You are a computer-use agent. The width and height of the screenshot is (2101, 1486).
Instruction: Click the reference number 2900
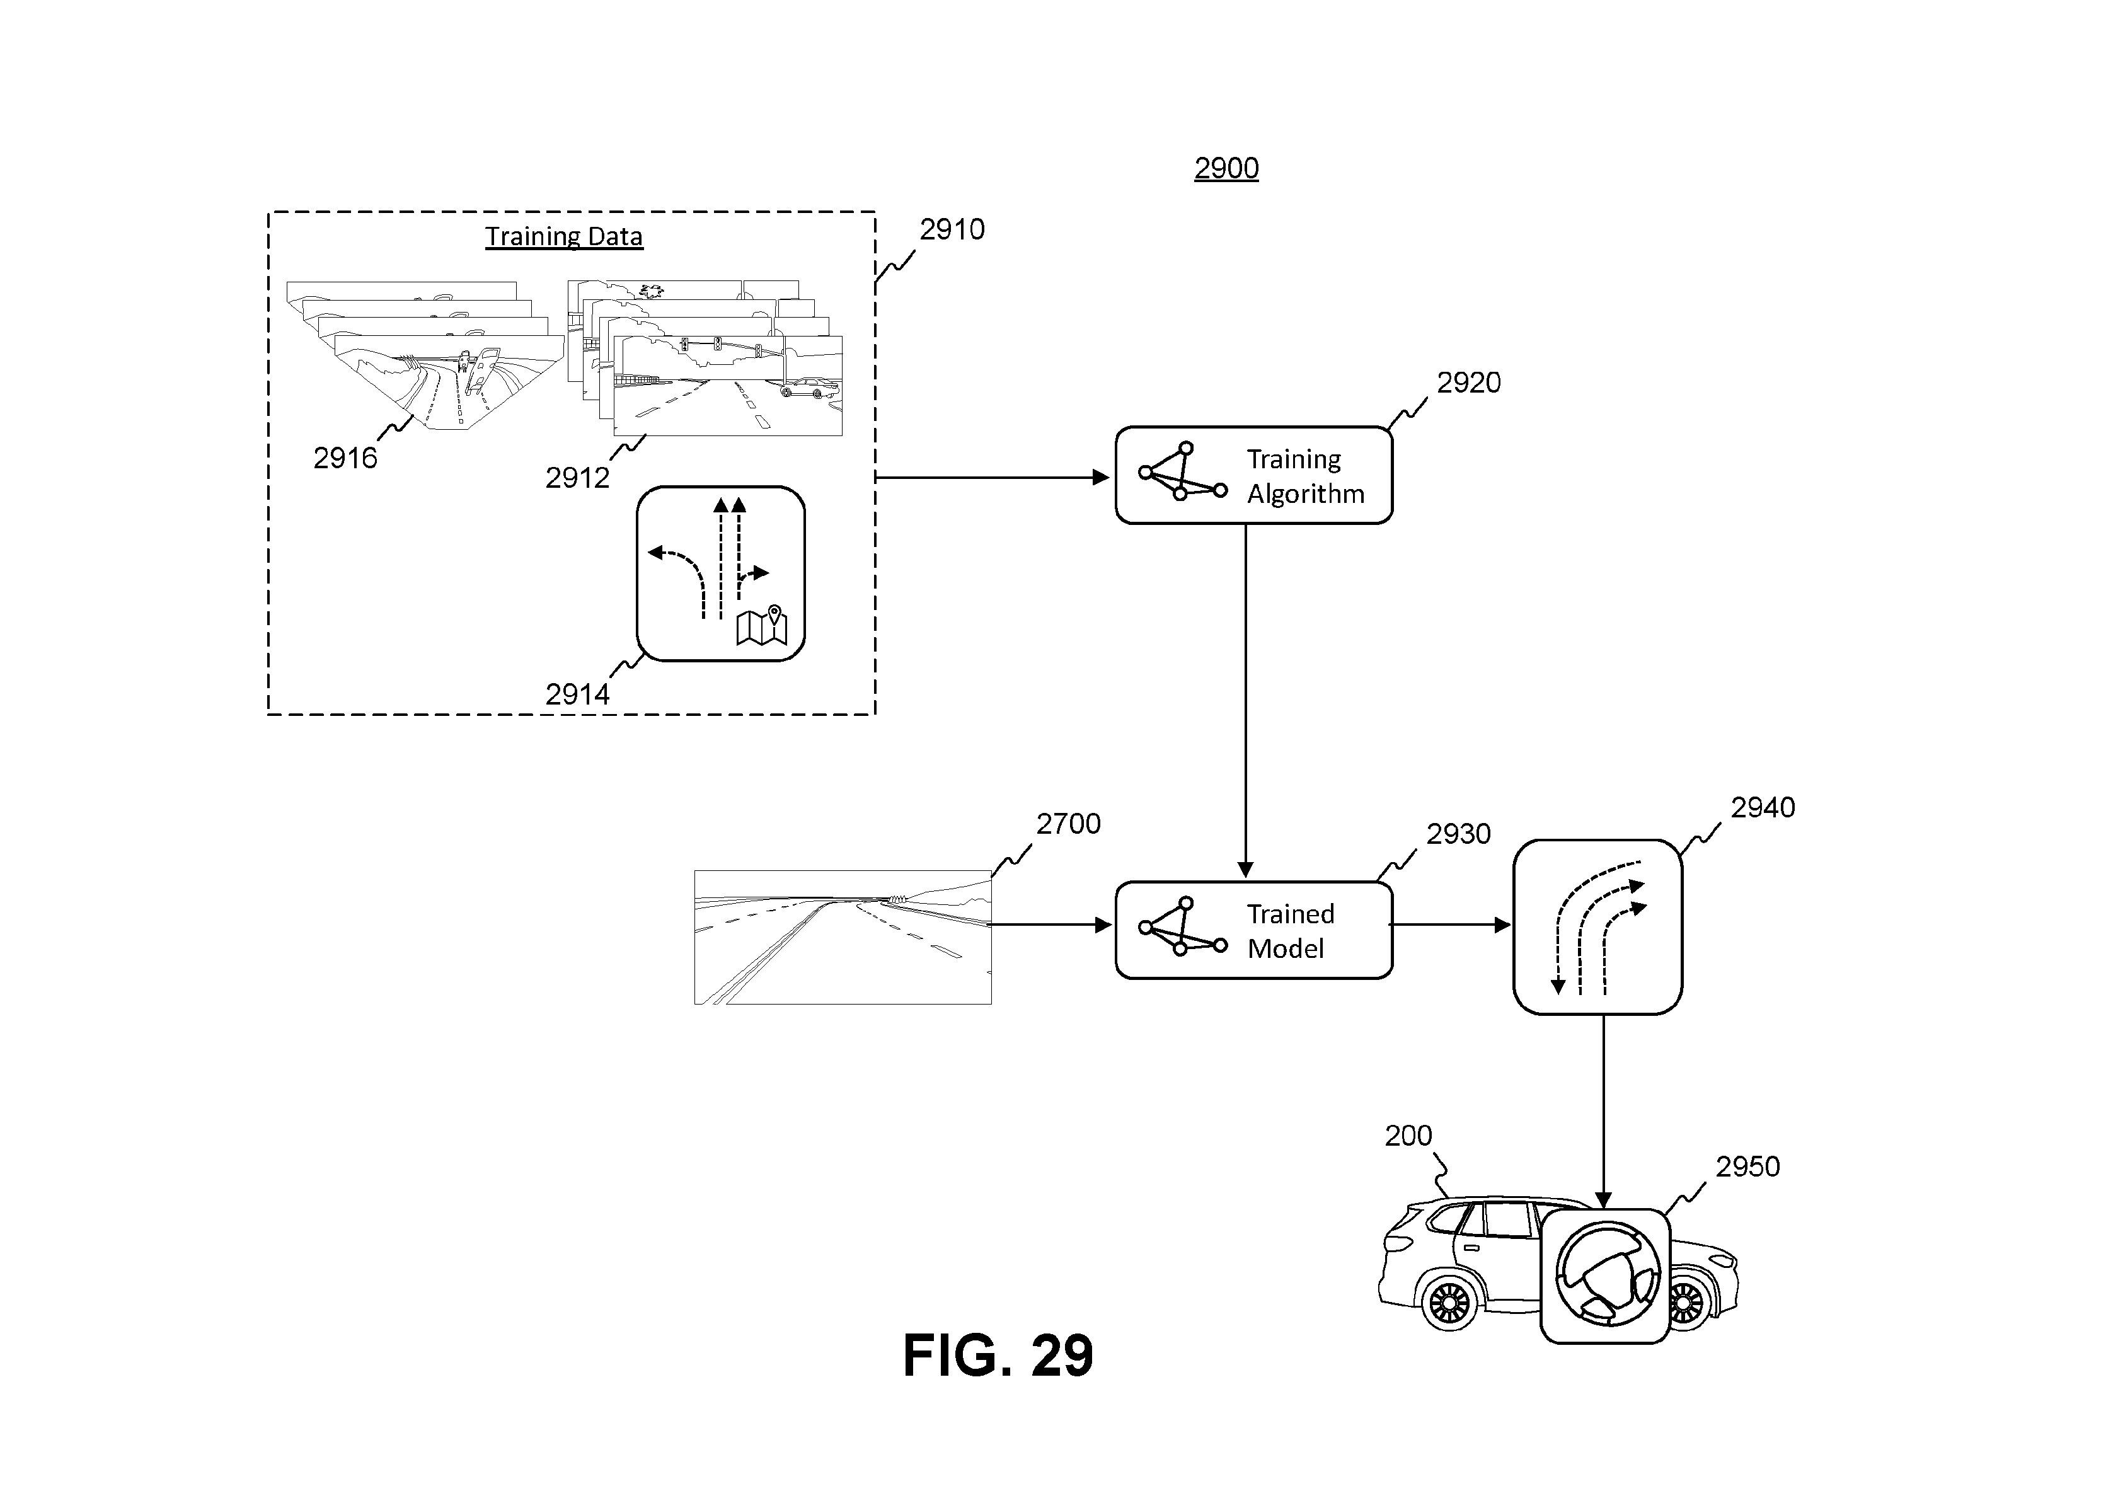tap(1226, 168)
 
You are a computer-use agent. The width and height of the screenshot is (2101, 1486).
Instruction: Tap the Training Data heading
tap(563, 237)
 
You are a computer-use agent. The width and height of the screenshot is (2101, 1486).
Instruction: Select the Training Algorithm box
tap(1253, 475)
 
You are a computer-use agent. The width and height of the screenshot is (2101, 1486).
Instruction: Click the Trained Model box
tap(1253, 930)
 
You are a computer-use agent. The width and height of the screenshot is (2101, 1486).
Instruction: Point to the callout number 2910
tap(952, 229)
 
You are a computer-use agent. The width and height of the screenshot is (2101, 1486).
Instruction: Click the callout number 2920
tap(1469, 383)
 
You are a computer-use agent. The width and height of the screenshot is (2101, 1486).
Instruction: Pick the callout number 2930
tap(1459, 834)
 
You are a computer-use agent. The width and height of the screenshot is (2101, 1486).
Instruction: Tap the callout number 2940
tap(1763, 807)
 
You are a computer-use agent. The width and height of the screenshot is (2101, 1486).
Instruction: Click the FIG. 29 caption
tap(998, 1355)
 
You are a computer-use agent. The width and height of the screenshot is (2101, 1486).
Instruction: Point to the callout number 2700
tap(1068, 824)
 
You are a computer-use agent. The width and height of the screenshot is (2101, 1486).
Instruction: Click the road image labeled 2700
tap(843, 937)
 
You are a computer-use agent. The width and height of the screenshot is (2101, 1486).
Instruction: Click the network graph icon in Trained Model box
tap(1182, 927)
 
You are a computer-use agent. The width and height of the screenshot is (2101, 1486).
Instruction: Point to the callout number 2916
tap(345, 458)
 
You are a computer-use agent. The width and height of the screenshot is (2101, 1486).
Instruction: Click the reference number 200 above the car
tap(1407, 1136)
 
